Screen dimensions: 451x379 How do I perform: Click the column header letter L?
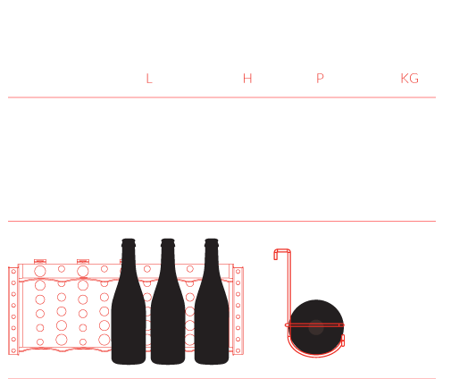tap(149, 79)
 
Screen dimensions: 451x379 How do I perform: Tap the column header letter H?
tap(247, 79)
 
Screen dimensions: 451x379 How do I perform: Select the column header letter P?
tap(320, 79)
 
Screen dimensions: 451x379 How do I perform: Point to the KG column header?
tap(410, 79)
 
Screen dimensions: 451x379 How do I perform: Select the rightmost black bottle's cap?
tap(212, 242)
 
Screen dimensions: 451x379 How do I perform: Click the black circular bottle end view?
tap(316, 327)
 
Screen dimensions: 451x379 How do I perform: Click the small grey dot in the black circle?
tap(316, 327)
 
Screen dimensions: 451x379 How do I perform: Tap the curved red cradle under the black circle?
tap(315, 355)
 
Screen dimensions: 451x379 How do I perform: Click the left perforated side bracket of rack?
tap(13, 311)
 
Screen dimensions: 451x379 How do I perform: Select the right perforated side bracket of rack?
tap(238, 311)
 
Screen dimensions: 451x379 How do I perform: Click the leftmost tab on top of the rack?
tap(40, 262)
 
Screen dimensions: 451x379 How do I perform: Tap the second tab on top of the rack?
tap(83, 262)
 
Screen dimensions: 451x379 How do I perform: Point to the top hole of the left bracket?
tap(13, 272)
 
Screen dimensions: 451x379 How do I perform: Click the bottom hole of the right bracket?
tap(238, 350)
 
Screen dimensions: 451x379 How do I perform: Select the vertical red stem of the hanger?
tap(288, 292)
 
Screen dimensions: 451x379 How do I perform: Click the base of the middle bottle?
tap(168, 361)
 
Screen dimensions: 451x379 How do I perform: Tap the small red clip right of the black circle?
tap(343, 341)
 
